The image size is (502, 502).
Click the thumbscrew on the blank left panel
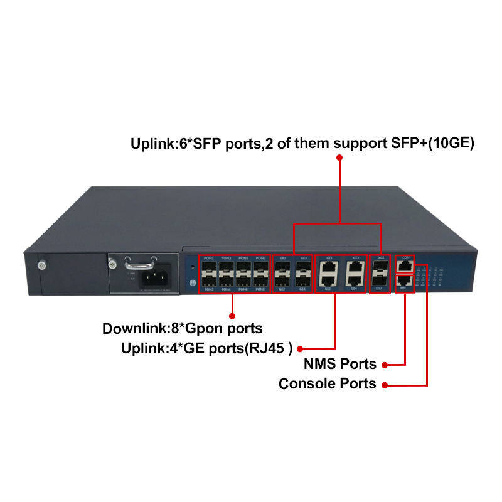click(43, 265)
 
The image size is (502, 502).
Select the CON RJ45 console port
click(405, 266)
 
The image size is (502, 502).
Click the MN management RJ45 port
click(405, 281)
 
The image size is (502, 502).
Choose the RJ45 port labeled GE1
click(328, 267)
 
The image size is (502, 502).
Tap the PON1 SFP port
click(209, 267)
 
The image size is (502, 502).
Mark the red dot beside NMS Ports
click(385, 364)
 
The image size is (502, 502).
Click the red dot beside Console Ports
click(385, 383)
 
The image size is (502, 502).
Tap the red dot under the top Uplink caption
click(339, 159)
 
